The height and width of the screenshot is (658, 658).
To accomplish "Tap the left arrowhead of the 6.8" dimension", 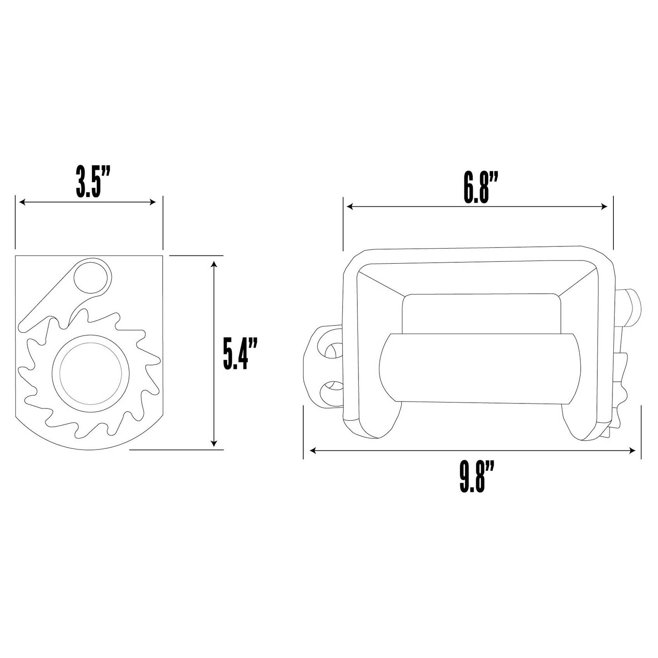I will [x=349, y=206].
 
